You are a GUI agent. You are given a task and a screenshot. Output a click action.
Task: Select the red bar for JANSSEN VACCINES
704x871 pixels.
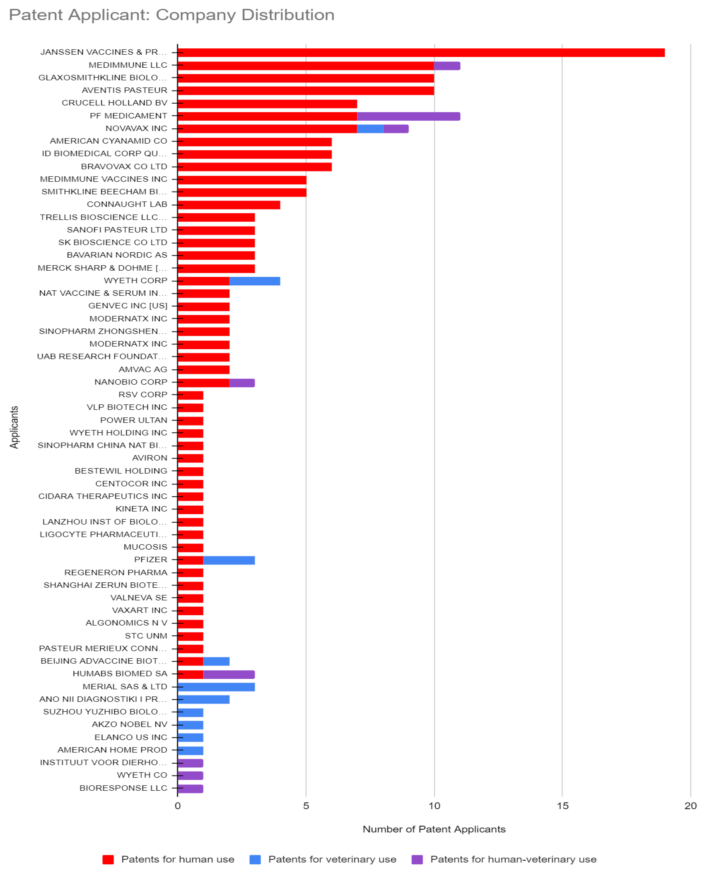pyautogui.click(x=421, y=52)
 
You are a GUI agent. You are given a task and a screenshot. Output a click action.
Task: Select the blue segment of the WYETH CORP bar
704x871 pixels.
pyautogui.click(x=255, y=281)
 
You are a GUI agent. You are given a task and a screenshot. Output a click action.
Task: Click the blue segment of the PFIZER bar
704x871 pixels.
pyautogui.click(x=229, y=560)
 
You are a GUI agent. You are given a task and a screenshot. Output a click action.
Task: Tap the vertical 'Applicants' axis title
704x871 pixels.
pyautogui.click(x=14, y=427)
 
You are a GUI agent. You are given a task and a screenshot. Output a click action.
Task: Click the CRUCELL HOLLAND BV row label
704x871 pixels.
pyautogui.click(x=114, y=103)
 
